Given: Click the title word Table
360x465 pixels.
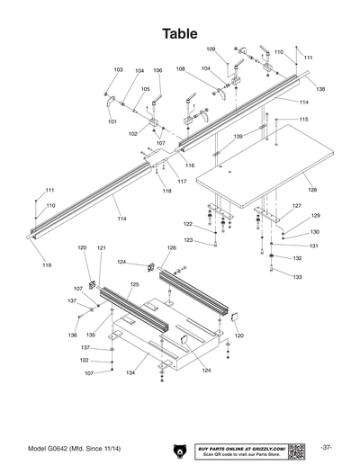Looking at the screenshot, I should point(180,33).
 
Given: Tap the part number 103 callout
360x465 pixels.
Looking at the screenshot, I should point(118,69).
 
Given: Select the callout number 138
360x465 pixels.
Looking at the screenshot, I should point(320,90).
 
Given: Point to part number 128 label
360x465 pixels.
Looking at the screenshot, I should point(312,190).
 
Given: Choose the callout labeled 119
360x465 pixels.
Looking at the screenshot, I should point(47,266).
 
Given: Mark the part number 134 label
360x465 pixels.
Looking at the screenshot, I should point(130,371).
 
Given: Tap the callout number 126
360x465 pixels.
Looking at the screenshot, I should point(171,247).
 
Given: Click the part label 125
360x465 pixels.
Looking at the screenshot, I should point(133,284).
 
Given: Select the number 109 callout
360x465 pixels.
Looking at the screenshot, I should point(211,49).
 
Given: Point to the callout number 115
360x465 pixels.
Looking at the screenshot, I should point(304,120).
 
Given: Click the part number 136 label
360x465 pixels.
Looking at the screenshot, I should point(73,335).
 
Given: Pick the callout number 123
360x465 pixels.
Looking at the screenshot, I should point(188,240).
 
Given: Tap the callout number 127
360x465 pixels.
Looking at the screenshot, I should point(295,206).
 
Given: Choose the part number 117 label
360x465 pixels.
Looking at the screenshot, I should point(182,182).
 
